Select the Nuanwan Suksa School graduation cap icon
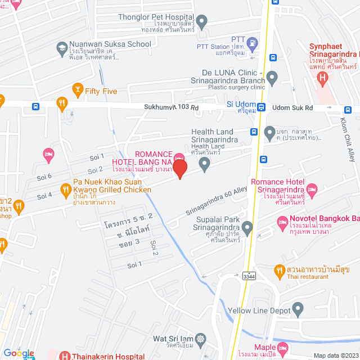[61, 49]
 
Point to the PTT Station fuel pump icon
[253, 42]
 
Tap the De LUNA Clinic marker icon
[272, 77]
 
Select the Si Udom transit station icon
[262, 105]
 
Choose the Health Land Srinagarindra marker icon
[205, 164]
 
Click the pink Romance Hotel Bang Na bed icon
[179, 158]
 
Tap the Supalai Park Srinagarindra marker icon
[246, 227]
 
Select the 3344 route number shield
[248, 277]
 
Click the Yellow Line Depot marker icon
[298, 309]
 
